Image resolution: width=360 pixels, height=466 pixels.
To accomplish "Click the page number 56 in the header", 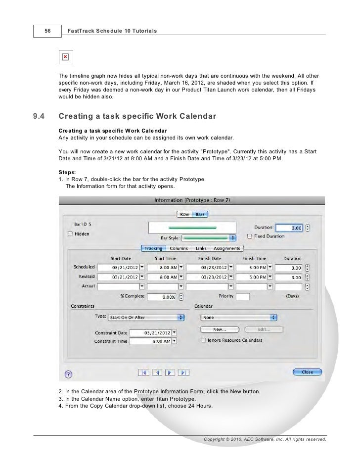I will pos(47,31).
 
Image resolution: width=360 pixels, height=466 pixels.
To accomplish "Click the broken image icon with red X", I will pos(65,57).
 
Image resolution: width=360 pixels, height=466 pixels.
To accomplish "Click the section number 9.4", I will pos(39,117).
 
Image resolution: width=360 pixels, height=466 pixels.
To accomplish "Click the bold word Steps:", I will pos(67,172).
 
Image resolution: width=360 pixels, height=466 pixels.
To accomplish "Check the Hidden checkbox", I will pos(70,233).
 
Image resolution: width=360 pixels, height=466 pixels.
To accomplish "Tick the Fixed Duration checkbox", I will pos(250,236).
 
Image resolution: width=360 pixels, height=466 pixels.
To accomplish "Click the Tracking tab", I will pos(152,248).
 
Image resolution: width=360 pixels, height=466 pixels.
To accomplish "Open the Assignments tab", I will pos(227,248).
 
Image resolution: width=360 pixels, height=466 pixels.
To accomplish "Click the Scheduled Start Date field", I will pos(118,267).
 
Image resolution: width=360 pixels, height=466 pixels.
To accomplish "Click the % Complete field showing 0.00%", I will pos(162,297).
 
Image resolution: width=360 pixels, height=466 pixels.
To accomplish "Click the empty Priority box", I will pos(242,297).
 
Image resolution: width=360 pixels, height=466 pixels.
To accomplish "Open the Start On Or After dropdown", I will pos(145,317).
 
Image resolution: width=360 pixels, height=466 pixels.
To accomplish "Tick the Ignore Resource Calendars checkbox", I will pos(203,340).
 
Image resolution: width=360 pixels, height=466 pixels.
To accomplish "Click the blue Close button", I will pos(307,372).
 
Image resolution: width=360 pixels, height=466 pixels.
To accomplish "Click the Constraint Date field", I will pos(157,331).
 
